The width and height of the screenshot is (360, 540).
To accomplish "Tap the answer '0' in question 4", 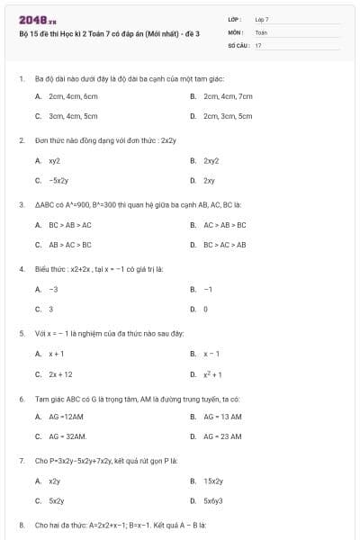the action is [x=205, y=309].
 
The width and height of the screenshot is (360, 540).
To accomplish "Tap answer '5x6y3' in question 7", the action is [x=212, y=500].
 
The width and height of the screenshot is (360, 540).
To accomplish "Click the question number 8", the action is [x=21, y=524].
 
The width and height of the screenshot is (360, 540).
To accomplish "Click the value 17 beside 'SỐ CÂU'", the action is [x=258, y=44].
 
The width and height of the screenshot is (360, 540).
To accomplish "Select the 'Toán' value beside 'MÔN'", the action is [x=261, y=31].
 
